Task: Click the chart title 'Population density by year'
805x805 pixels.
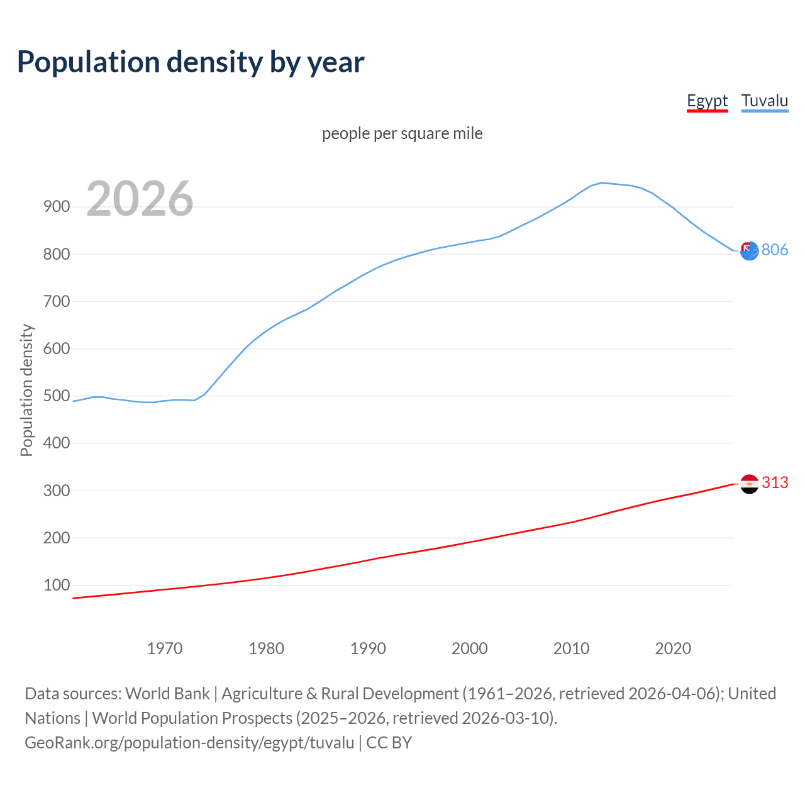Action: [x=191, y=62]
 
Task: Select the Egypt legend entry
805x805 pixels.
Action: [x=707, y=101]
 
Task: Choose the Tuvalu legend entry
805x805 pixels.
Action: [x=764, y=101]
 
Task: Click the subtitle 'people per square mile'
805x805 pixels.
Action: [x=402, y=133]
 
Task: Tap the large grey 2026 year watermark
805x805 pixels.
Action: [x=140, y=199]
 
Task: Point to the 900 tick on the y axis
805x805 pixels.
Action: [x=57, y=207]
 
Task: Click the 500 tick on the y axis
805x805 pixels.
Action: [x=57, y=396]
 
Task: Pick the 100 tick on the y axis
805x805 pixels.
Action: [x=57, y=586]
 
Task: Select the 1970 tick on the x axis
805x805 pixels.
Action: [x=165, y=648]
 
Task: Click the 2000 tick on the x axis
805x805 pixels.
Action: [x=470, y=648]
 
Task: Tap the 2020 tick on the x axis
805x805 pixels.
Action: [x=673, y=648]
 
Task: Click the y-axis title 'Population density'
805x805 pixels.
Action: [x=26, y=390]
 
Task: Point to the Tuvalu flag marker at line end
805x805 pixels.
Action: [x=749, y=251]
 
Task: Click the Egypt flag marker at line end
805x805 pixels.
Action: [x=749, y=484]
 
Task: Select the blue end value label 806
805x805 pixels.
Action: [x=775, y=250]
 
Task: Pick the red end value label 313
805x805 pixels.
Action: [x=775, y=482]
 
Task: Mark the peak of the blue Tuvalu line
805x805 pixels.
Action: [x=602, y=183]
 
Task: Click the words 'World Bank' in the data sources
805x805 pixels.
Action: [x=167, y=694]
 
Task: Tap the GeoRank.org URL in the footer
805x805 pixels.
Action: [x=189, y=743]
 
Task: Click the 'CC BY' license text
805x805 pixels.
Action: [x=389, y=743]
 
